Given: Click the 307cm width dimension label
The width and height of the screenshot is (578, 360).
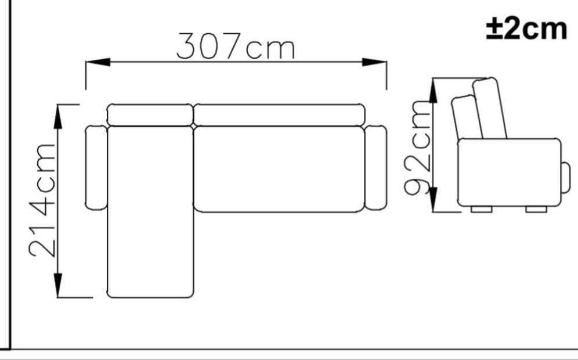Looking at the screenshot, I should pos(235,46).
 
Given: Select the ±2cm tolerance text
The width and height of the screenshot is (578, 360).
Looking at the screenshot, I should pos(526,28).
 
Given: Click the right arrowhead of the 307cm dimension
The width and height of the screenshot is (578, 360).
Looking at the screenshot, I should pos(375,62).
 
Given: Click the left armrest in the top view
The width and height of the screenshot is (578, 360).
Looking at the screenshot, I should pos(96,168).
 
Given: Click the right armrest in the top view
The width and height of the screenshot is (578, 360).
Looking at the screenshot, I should pos(376,168).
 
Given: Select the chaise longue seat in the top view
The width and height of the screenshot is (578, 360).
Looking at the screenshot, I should pos(150,212).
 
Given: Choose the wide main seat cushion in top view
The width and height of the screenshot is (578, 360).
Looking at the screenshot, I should pos(279,169).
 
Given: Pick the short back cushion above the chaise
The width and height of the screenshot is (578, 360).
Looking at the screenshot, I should pos(150,114).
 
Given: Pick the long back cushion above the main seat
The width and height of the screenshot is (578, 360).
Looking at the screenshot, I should pos(279,114).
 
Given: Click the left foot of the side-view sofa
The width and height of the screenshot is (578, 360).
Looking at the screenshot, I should pos(481,209).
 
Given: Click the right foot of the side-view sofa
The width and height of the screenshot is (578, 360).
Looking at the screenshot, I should pos(536,209).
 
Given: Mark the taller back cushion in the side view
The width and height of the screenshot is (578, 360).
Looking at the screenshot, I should pos(490,109).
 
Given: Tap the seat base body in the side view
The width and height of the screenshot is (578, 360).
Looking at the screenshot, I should pos(508,172).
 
